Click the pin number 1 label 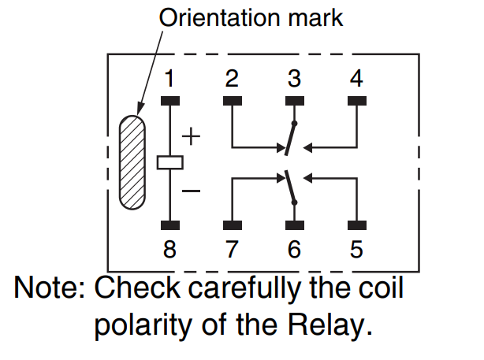169,79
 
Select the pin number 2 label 232,79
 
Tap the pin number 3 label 294,79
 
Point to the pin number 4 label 357,79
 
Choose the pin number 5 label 357,250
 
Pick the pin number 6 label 294,250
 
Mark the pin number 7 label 232,250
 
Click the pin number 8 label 169,250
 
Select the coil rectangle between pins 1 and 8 169,162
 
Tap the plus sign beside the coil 192,137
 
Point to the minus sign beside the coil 192,191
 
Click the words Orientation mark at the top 251,17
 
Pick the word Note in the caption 47,288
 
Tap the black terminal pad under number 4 357,101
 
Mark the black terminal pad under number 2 232,101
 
